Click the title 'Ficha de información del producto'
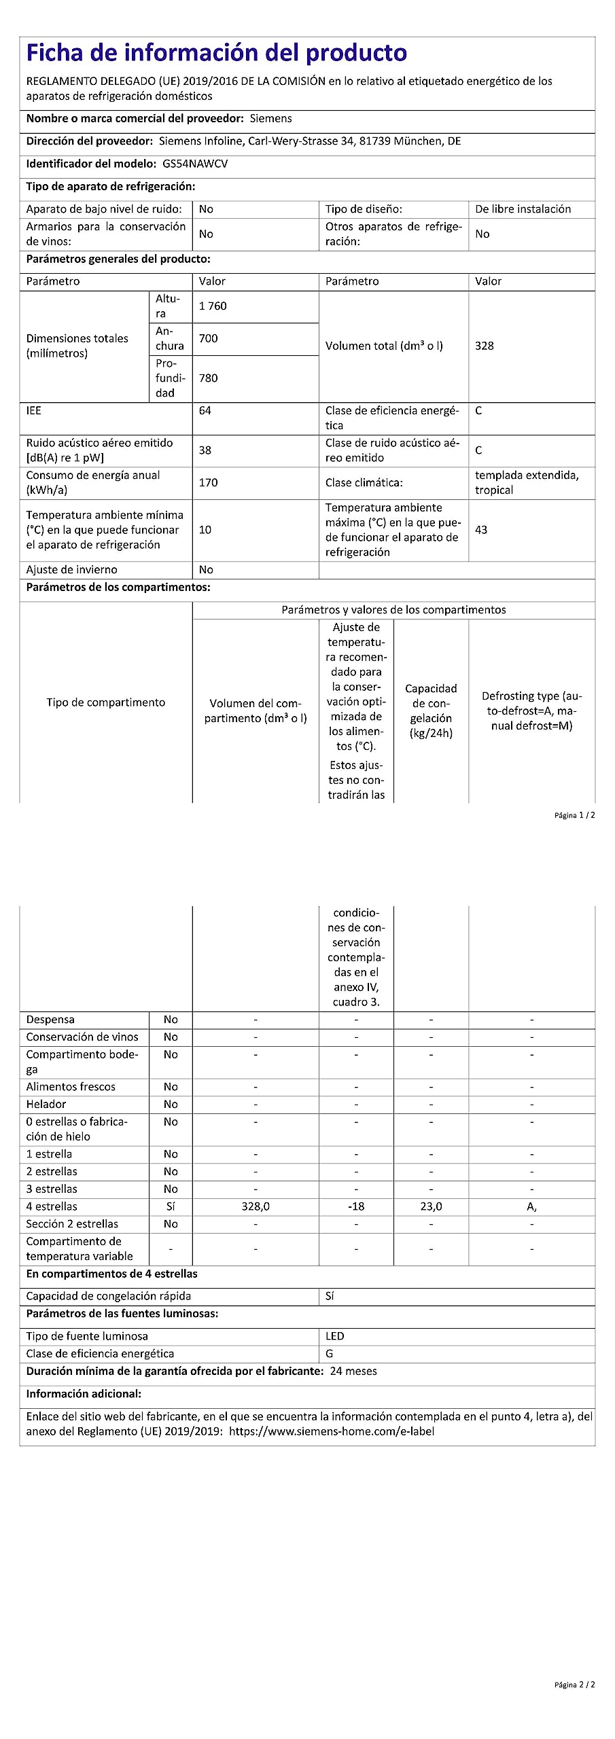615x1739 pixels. (x=216, y=53)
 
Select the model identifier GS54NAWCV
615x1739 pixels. (x=195, y=164)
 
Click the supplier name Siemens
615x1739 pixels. (x=270, y=118)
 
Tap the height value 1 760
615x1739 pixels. (x=213, y=306)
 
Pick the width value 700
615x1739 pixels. (x=208, y=338)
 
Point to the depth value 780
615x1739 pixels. (x=208, y=378)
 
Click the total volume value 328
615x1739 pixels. (x=484, y=346)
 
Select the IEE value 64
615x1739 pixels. (x=205, y=411)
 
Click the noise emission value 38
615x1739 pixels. (x=205, y=450)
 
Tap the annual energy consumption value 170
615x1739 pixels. (x=208, y=483)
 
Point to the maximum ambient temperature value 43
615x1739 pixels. (x=481, y=530)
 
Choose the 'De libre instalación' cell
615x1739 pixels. (x=523, y=209)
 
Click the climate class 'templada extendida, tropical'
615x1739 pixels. (x=527, y=483)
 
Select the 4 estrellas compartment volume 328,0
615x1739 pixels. (x=256, y=1206)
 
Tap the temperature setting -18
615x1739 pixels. (x=356, y=1206)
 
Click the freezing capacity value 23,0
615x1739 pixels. (x=431, y=1206)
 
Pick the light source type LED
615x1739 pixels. (x=334, y=1336)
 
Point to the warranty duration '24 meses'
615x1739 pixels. (x=353, y=1372)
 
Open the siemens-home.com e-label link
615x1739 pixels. (x=332, y=1431)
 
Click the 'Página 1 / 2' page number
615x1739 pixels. (x=574, y=815)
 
